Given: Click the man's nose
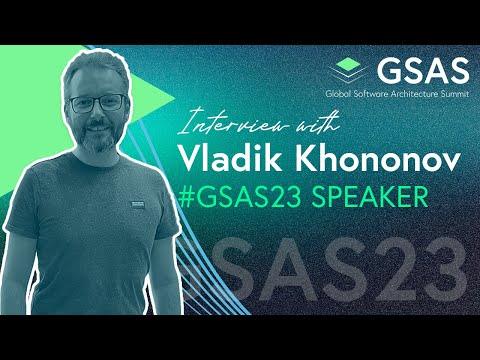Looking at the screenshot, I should point(101,113).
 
